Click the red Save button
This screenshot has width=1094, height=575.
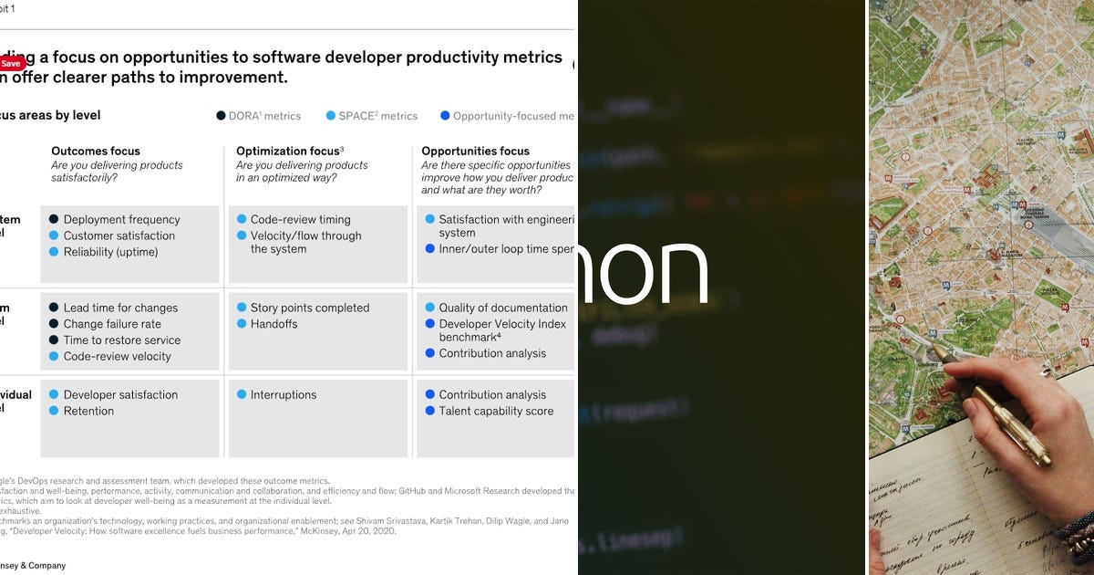point(11,64)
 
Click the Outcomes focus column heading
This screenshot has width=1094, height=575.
point(96,151)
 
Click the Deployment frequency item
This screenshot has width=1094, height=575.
point(121,219)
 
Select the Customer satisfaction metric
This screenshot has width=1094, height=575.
point(119,235)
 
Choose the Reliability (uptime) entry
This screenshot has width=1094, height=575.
point(110,252)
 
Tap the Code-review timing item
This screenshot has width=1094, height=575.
point(300,219)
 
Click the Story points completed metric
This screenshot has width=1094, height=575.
point(309,308)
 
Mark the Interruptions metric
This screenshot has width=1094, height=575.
point(283,394)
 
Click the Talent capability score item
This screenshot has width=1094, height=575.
point(496,411)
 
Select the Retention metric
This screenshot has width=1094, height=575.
point(88,411)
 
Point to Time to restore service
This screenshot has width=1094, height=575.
point(121,340)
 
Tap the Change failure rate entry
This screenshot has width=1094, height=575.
point(112,324)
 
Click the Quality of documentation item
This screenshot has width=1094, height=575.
point(502,308)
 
